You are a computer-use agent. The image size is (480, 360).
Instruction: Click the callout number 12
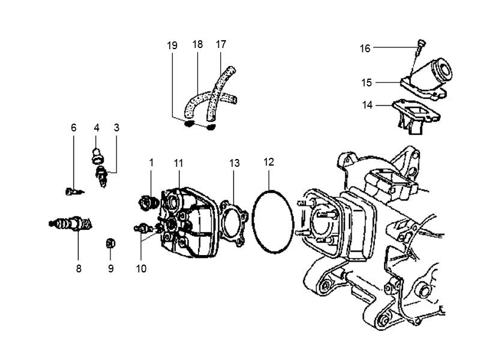268,162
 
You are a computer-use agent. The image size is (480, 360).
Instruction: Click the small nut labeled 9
110,242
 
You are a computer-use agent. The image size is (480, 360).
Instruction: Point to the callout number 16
365,49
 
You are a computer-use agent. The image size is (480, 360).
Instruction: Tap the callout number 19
173,45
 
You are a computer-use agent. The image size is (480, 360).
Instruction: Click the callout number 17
221,44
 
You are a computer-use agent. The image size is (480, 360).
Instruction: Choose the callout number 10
141,269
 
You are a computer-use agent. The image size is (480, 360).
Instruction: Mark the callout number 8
79,269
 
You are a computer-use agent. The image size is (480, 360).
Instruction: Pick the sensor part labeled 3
102,176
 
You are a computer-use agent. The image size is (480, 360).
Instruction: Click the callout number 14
367,105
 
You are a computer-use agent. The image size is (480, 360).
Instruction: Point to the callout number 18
197,44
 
